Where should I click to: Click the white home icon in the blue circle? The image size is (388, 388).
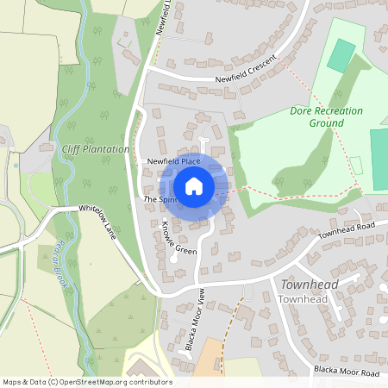(194, 186)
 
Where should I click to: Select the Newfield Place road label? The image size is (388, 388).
(173, 161)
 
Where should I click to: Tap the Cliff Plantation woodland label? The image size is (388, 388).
(96, 149)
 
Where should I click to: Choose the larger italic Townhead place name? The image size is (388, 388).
(308, 284)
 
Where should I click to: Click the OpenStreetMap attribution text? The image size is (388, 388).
(87, 382)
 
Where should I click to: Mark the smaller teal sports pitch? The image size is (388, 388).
(341, 54)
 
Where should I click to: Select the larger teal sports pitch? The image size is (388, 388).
(379, 160)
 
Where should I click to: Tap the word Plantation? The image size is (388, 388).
(108, 149)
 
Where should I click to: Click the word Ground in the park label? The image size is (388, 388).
(328, 123)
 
